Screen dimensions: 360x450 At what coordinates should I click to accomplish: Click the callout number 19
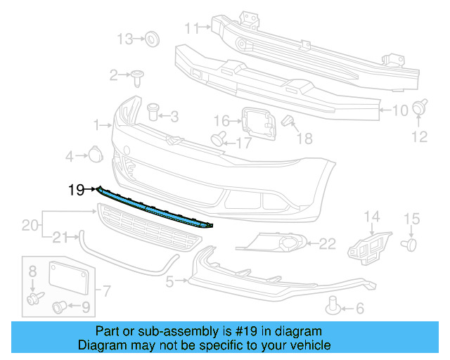coord(76,189)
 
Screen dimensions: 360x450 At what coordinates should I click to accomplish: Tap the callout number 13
coord(124,39)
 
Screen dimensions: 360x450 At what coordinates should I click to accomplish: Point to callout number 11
coord(192,28)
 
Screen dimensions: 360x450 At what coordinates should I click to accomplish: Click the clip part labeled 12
coord(420,108)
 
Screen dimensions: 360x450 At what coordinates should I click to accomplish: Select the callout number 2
coord(113,75)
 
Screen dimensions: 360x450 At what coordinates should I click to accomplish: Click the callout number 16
coord(221,120)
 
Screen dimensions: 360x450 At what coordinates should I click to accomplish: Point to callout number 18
coord(304,138)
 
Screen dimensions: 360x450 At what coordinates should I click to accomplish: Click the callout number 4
coord(70,155)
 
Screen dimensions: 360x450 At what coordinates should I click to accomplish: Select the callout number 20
coord(29,225)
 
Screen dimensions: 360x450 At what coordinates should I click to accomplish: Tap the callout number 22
coord(328,244)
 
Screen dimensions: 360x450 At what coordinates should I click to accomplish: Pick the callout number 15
coord(411,219)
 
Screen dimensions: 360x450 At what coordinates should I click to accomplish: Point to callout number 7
coord(108,290)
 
